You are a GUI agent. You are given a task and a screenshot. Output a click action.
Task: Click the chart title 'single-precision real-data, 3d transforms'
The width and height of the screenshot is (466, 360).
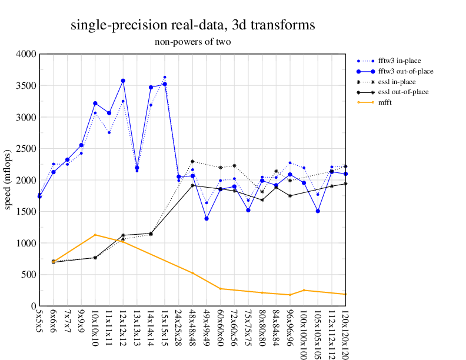pyautogui.click(x=192, y=25)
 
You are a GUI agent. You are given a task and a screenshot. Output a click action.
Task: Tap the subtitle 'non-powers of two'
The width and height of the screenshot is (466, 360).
pyautogui.click(x=192, y=42)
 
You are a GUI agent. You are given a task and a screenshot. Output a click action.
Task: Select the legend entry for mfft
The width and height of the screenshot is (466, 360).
pyautogui.click(x=386, y=102)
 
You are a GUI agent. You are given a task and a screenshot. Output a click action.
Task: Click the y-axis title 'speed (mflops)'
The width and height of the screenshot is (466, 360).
pyautogui.click(x=9, y=180)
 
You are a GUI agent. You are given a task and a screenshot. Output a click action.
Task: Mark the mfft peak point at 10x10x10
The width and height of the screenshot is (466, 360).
pyautogui.click(x=95, y=235)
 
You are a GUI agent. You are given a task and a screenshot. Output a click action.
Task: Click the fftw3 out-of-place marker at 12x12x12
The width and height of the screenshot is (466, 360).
pyautogui.click(x=123, y=81)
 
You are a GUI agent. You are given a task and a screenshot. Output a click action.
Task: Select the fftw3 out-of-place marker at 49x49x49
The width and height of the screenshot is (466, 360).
pyautogui.click(x=207, y=218)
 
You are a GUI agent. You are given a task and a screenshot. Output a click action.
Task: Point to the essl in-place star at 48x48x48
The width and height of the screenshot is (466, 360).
pyautogui.click(x=192, y=161)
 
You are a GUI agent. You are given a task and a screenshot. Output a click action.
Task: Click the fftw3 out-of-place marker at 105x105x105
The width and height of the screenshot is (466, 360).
pyautogui.click(x=318, y=211)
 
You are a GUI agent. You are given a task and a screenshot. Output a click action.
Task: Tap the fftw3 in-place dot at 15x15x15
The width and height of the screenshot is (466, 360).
pyautogui.click(x=165, y=77)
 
